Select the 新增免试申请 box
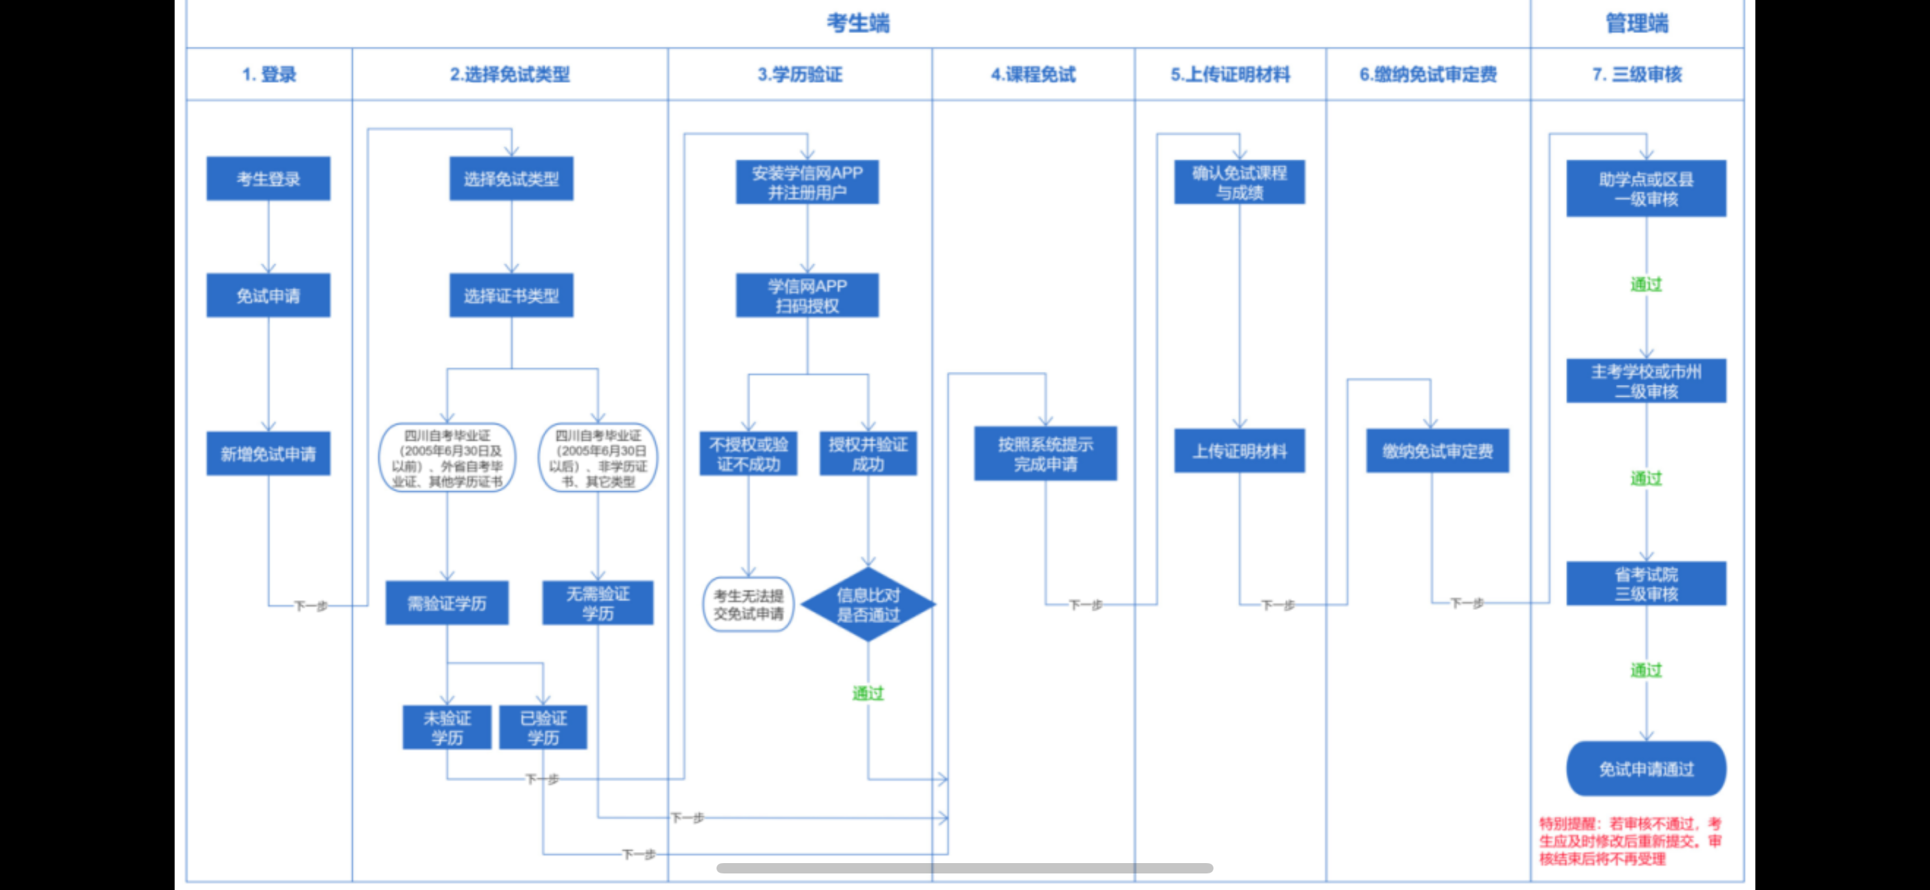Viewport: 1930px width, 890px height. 269,453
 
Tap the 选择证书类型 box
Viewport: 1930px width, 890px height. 511,296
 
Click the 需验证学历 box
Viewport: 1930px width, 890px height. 447,603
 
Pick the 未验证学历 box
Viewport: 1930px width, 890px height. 447,727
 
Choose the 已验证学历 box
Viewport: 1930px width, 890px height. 543,727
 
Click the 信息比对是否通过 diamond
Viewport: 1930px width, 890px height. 868,604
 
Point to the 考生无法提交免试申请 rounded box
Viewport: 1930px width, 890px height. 748,604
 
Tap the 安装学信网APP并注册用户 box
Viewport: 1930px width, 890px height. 807,182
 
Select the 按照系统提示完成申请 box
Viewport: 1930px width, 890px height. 1045,453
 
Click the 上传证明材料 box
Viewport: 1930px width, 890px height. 1239,451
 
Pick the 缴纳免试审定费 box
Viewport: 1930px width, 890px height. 1437,451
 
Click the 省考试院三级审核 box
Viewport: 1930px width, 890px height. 1646,584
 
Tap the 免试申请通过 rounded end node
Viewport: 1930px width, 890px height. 1646,769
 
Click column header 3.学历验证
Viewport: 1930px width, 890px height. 799,75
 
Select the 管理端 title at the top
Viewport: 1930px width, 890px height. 1637,23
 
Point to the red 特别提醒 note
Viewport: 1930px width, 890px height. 1630,840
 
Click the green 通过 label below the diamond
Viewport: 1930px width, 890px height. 868,693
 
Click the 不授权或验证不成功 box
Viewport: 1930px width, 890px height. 748,453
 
